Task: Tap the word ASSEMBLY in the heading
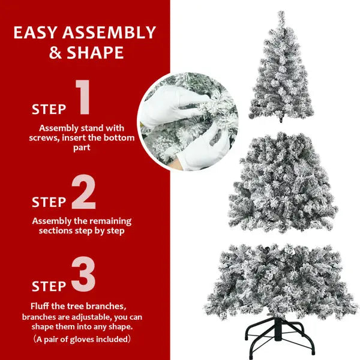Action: click(x=112, y=32)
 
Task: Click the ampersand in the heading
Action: click(x=55, y=53)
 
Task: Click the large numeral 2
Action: click(x=83, y=193)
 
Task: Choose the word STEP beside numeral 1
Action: click(x=49, y=110)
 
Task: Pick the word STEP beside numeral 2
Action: click(x=49, y=202)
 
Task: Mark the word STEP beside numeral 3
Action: click(x=49, y=286)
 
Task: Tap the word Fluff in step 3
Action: click(x=41, y=306)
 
